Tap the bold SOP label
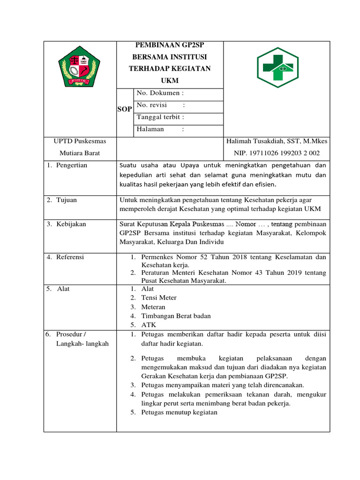(x=124, y=109)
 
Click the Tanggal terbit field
(x=160, y=117)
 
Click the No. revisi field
(x=160, y=105)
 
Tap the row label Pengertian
(x=71, y=165)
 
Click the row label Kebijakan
(x=71, y=225)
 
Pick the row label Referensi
(x=70, y=257)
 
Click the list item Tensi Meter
(x=158, y=298)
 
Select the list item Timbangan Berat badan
(x=176, y=316)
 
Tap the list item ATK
(x=149, y=325)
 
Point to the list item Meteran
(x=154, y=307)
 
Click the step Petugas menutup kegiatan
(x=179, y=412)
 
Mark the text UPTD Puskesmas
(x=80, y=141)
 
